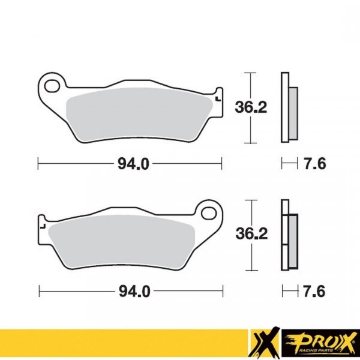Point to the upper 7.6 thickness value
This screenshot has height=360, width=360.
point(314,163)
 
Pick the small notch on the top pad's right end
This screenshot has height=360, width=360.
point(217,96)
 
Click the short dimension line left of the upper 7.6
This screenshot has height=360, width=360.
point(289,163)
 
